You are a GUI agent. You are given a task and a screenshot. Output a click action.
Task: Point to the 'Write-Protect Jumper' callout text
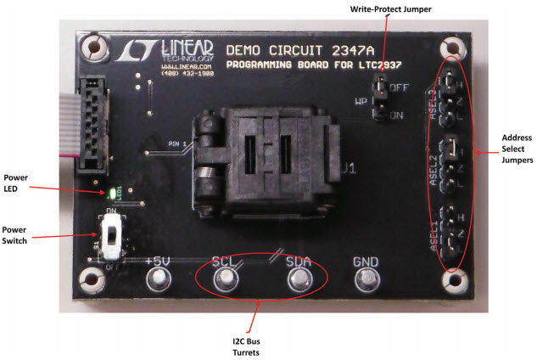pyautogui.click(x=391, y=9)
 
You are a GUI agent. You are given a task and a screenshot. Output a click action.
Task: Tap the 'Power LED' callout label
pyautogui.click(x=25, y=183)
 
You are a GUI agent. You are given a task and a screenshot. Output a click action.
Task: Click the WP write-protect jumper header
pyautogui.click(x=383, y=98)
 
